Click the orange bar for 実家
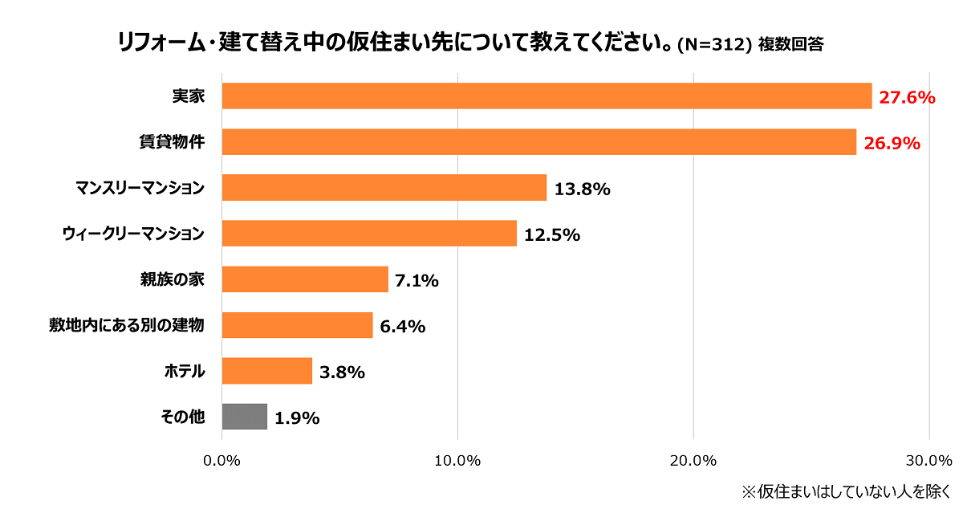tap(547, 96)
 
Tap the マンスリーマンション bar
tap(384, 188)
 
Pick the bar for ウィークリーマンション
tap(369, 234)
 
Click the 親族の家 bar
tap(305, 279)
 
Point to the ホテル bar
tap(266, 371)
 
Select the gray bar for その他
tap(244, 417)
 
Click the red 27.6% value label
tap(908, 98)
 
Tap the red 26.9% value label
tap(892, 144)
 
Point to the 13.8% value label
tap(582, 189)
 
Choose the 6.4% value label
tap(402, 326)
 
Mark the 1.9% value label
tap(297, 418)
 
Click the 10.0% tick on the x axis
tap(457, 461)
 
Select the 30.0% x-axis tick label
tap(928, 461)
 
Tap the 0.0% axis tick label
tap(222, 461)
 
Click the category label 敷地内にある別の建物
tap(127, 325)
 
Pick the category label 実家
tap(189, 96)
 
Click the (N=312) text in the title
tap(714, 45)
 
